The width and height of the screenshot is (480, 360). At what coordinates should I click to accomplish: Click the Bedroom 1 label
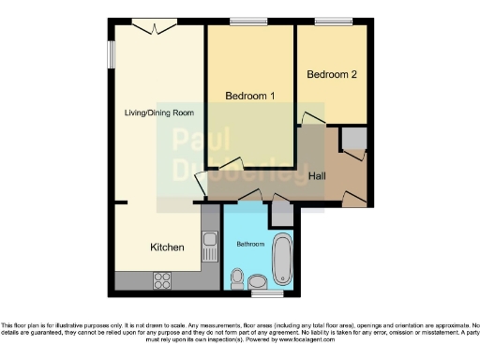click(x=249, y=96)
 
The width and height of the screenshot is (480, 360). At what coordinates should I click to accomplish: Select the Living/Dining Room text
click(x=159, y=113)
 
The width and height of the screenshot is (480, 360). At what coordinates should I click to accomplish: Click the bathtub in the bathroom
click(x=282, y=262)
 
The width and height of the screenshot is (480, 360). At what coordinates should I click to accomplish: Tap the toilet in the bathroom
click(x=238, y=278)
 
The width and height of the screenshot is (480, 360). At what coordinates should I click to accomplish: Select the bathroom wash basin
click(x=258, y=280)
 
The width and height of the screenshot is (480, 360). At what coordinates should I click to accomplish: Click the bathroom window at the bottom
click(x=267, y=294)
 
